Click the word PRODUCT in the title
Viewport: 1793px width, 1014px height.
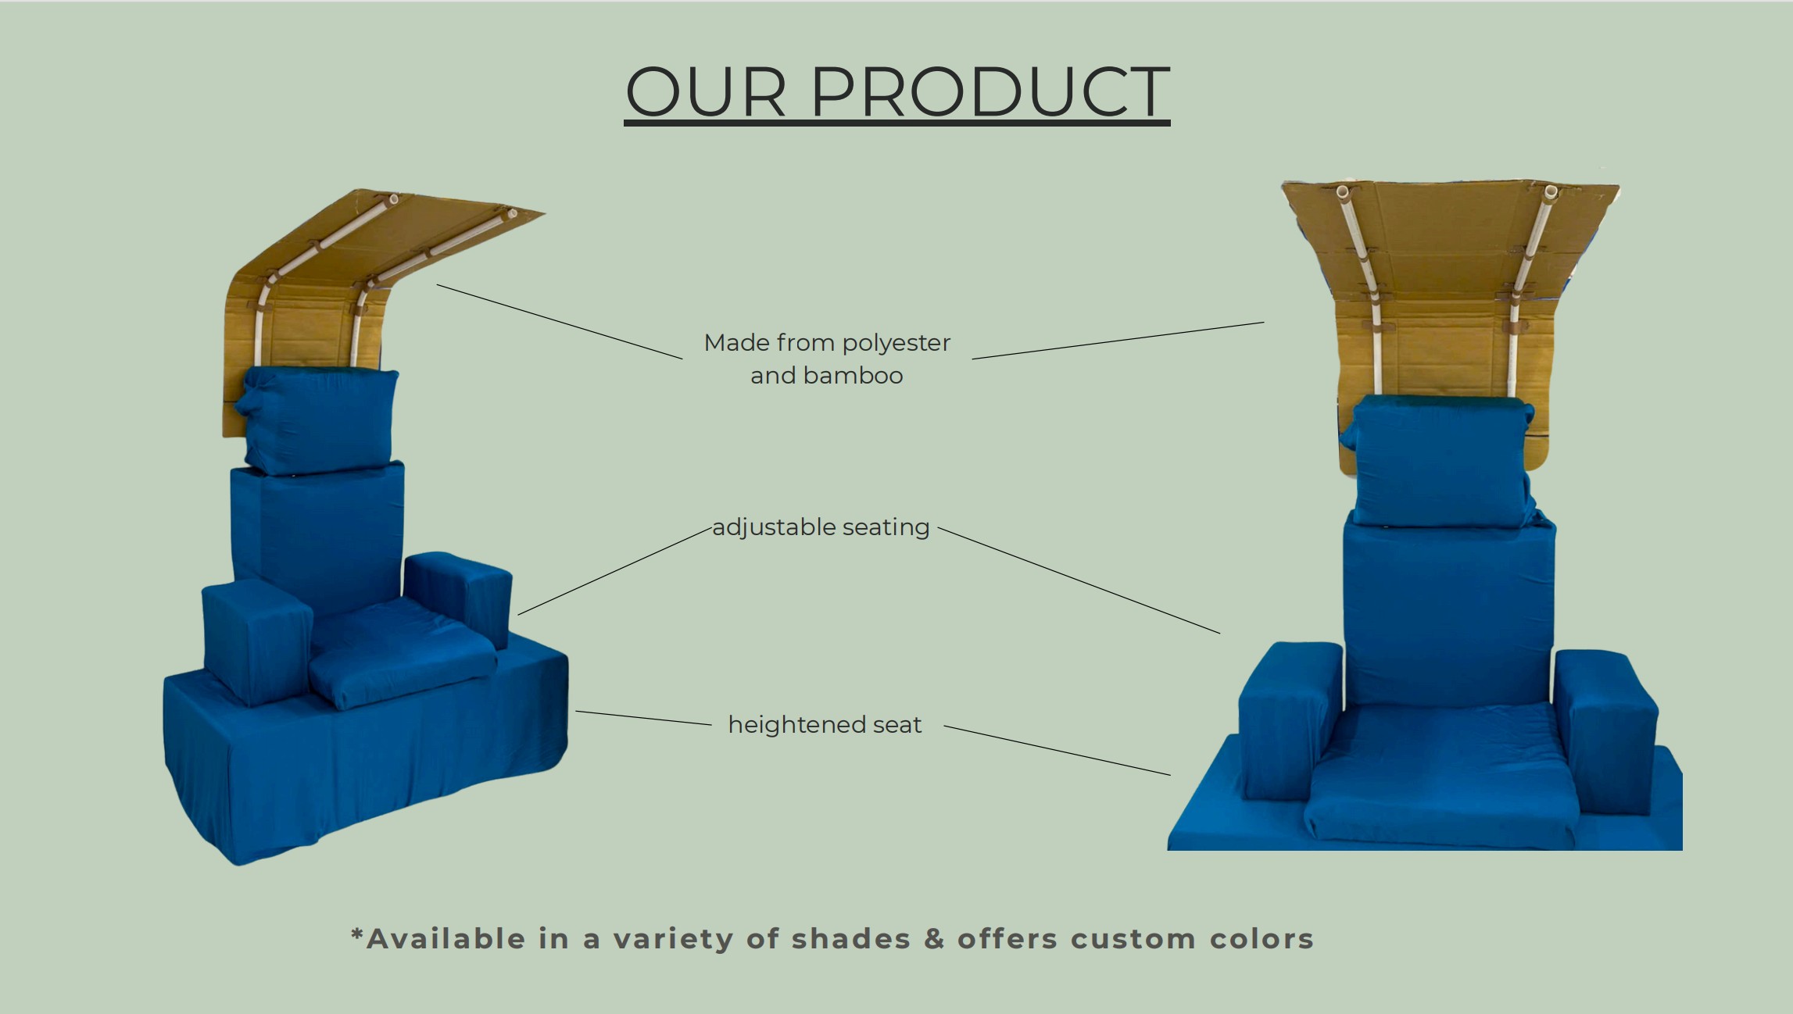click(x=990, y=91)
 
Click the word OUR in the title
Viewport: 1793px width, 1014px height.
click(x=705, y=91)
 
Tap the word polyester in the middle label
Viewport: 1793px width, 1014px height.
click(x=896, y=344)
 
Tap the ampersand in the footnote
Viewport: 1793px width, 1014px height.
click(x=934, y=938)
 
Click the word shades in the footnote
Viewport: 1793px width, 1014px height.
click(x=851, y=938)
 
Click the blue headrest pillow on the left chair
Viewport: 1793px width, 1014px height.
click(x=319, y=420)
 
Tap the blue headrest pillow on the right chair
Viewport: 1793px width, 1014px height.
click(x=1440, y=459)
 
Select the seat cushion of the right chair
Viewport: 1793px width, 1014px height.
click(x=1440, y=773)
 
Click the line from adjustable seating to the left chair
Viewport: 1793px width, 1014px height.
click(x=614, y=571)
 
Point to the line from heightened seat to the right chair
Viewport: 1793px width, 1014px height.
click(x=1058, y=750)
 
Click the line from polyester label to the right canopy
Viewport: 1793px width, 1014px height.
click(x=1118, y=341)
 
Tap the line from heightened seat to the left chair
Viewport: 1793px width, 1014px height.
click(x=643, y=718)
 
